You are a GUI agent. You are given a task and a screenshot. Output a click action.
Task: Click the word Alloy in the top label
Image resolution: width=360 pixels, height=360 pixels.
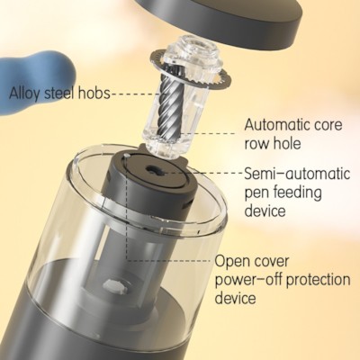tap(24, 93)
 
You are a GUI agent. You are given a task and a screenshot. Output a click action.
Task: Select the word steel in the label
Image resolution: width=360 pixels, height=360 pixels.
tap(59, 93)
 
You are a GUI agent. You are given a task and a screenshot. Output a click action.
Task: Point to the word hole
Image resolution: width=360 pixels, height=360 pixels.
tap(286, 143)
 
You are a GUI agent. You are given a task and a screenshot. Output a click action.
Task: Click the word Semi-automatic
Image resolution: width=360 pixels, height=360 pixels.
tap(297, 174)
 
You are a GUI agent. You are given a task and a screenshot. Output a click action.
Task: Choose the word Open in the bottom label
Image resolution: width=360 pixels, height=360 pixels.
tap(230, 261)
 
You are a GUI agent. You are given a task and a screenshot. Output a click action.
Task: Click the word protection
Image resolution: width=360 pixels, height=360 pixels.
tap(318, 280)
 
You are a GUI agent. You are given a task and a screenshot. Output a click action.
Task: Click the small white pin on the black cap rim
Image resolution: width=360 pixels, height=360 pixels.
tap(128, 156)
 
